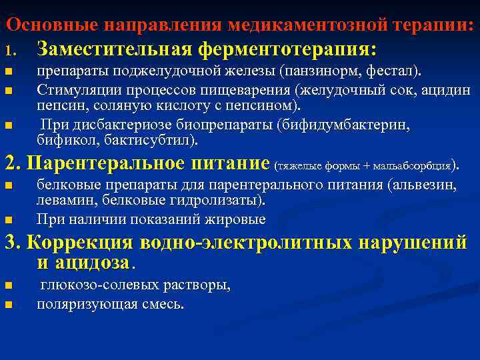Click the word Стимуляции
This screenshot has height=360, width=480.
(x=73, y=90)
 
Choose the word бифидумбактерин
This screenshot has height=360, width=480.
(x=347, y=125)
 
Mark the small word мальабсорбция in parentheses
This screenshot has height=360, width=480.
(x=418, y=165)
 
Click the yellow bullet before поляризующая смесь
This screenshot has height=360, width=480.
(x=8, y=305)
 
